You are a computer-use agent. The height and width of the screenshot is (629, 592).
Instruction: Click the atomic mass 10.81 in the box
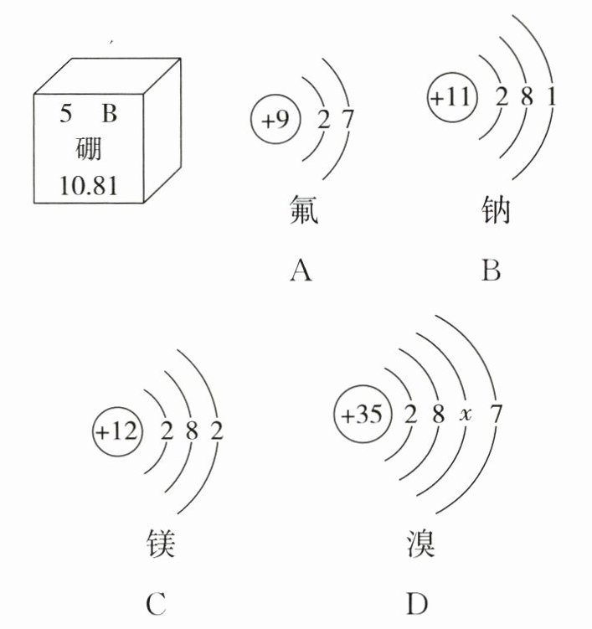click(x=88, y=184)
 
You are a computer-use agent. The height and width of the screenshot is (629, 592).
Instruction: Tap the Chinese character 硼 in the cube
click(x=88, y=150)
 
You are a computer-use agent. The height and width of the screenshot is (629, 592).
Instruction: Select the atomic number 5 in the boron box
click(x=65, y=115)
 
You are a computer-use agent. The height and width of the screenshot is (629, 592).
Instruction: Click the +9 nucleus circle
click(x=274, y=120)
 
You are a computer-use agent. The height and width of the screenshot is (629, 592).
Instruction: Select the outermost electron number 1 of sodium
click(x=551, y=97)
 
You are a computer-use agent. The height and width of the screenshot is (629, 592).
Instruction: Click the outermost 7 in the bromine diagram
click(x=496, y=415)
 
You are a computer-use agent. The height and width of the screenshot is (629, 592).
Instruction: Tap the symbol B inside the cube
click(x=109, y=115)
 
